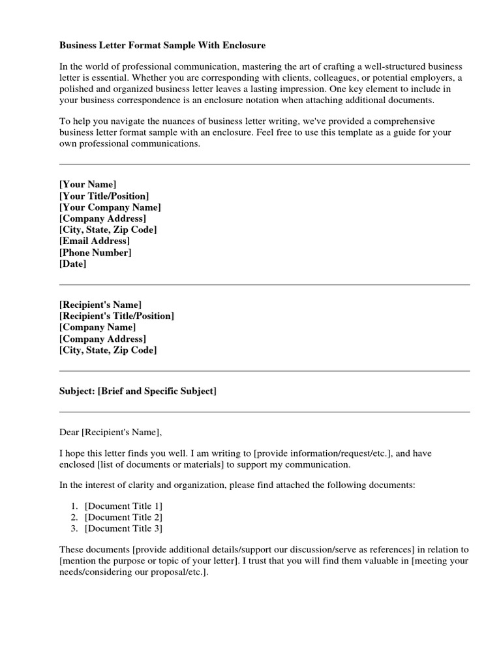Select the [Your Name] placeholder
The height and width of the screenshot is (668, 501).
pyautogui.click(x=88, y=185)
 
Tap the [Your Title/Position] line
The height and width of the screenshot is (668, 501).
pyautogui.click(x=104, y=196)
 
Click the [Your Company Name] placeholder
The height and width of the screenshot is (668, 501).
pyautogui.click(x=110, y=207)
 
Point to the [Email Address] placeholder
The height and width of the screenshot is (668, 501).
pyautogui.click(x=95, y=241)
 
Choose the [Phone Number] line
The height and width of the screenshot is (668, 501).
pyautogui.click(x=95, y=252)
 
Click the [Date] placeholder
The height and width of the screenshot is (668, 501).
pyautogui.click(x=72, y=264)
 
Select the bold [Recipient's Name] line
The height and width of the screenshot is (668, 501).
pyautogui.click(x=100, y=305)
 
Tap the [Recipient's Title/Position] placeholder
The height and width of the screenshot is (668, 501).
pyautogui.click(x=117, y=316)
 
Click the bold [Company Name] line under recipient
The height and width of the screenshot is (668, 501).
pyautogui.click(x=97, y=327)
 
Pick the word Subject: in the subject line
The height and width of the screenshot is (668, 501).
pyautogui.click(x=77, y=391)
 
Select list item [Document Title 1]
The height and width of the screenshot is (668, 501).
pyautogui.click(x=124, y=506)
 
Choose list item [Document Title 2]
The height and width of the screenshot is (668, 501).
pyautogui.click(x=124, y=517)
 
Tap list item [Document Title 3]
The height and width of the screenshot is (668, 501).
pyautogui.click(x=124, y=528)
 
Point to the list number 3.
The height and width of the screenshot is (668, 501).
pyautogui.click(x=74, y=528)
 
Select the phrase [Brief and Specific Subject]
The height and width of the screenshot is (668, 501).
pyautogui.click(x=157, y=391)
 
